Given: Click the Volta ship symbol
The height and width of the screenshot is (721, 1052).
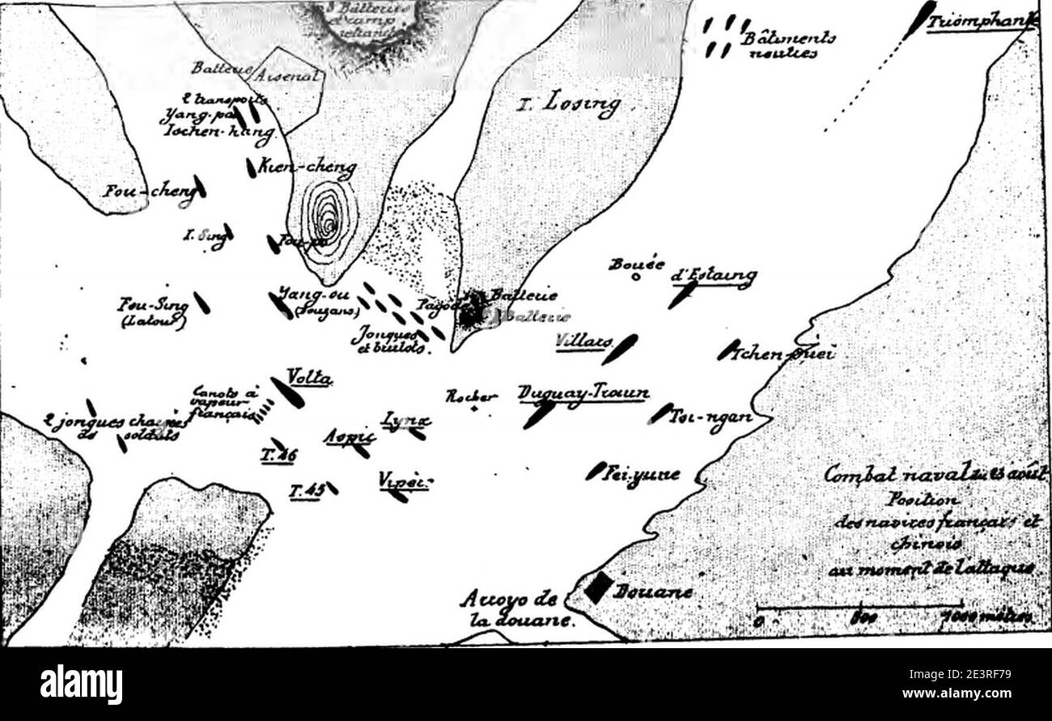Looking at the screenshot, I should click(x=287, y=392).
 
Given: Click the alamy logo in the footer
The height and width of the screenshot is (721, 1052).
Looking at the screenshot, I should click(x=81, y=685).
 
